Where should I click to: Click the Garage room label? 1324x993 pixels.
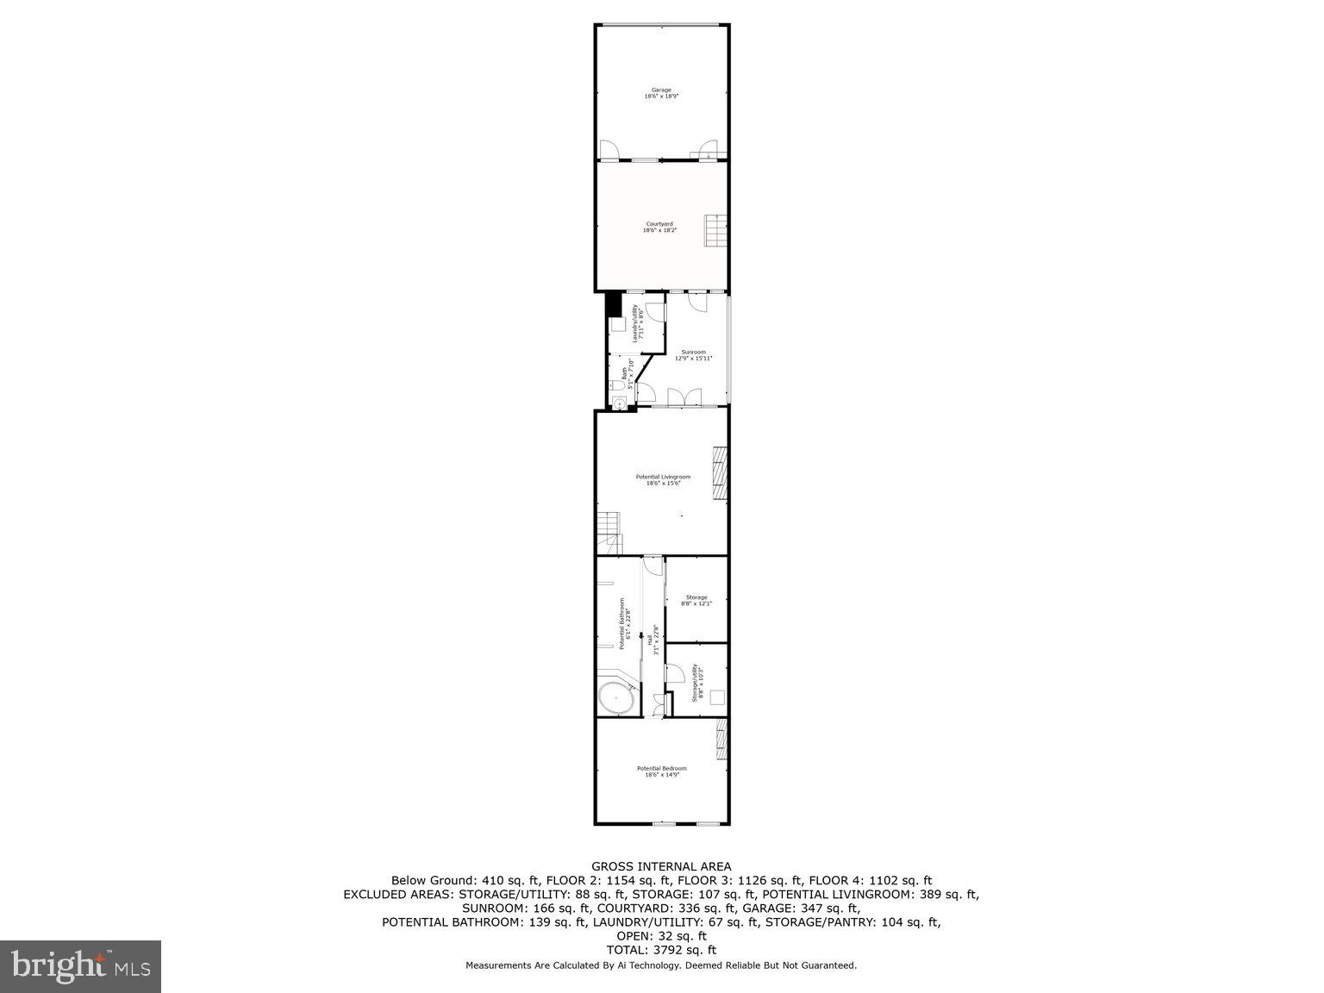(x=661, y=93)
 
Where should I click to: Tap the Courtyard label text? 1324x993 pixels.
(x=660, y=227)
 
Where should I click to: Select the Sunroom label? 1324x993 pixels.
(x=694, y=354)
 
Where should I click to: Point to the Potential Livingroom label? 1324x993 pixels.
(x=663, y=480)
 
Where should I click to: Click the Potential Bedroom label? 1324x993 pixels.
(x=662, y=771)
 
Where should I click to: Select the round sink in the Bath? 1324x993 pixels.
(x=619, y=403)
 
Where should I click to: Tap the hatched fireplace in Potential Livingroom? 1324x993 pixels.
(x=719, y=473)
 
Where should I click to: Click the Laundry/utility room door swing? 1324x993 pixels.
(x=656, y=311)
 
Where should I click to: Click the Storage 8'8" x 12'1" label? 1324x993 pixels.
(x=696, y=600)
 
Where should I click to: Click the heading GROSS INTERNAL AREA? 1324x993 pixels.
(x=661, y=866)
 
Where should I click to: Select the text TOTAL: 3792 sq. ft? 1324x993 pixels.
(x=661, y=950)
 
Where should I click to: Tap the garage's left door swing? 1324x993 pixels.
(x=609, y=151)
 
